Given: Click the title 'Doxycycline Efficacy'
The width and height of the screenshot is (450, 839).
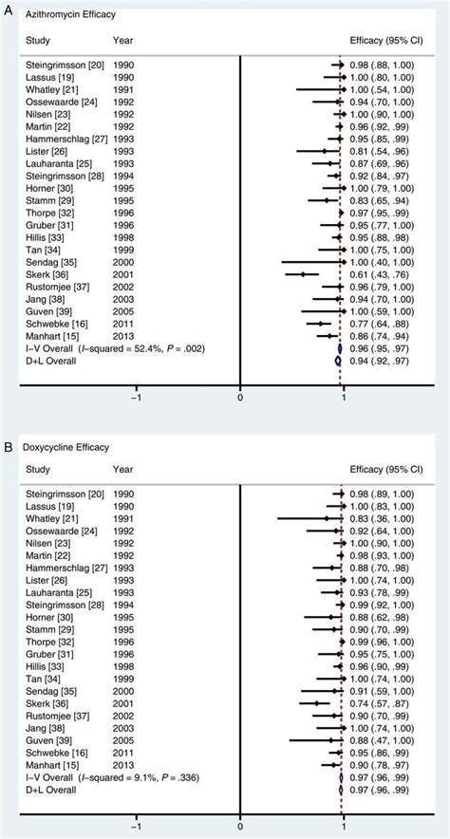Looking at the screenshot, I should pyautogui.click(x=64, y=445).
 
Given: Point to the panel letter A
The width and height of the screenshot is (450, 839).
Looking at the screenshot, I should pyautogui.click(x=7, y=7).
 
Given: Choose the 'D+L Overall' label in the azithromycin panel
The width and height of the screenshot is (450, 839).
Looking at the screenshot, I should pyautogui.click(x=47, y=361).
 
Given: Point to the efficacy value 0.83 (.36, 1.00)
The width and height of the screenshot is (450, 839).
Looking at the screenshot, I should pyautogui.click(x=390, y=518).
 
